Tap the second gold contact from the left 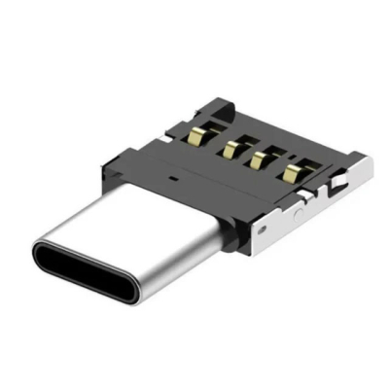(x=233, y=148)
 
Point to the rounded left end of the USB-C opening (x=41, y=257)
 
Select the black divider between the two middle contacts (x=247, y=154)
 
